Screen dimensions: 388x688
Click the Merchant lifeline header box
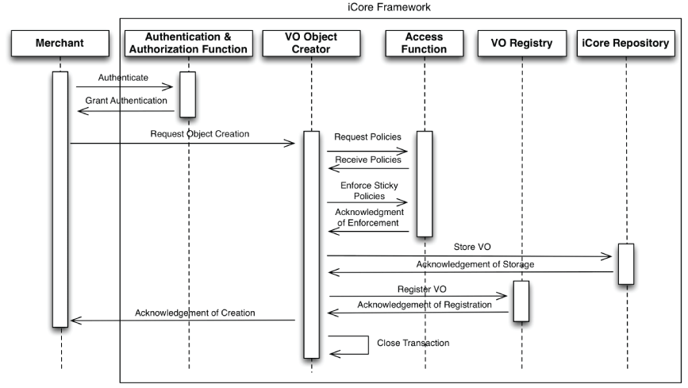[x=60, y=44]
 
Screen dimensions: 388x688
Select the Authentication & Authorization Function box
[x=189, y=43]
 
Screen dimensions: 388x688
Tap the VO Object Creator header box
[x=311, y=43]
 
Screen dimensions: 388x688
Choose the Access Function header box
[x=425, y=43]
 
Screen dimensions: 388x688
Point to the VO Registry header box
[x=523, y=44]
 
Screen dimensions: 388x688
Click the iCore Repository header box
[x=626, y=44]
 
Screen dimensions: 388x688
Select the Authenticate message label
[x=122, y=78]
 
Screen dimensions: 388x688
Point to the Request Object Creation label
[x=200, y=134]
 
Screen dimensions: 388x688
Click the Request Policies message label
[x=367, y=137]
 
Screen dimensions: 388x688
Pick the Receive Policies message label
[x=367, y=159]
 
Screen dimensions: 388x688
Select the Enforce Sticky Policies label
[x=367, y=190]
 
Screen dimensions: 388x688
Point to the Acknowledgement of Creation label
[x=194, y=313]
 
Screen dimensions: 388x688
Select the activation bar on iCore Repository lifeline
[x=625, y=263]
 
